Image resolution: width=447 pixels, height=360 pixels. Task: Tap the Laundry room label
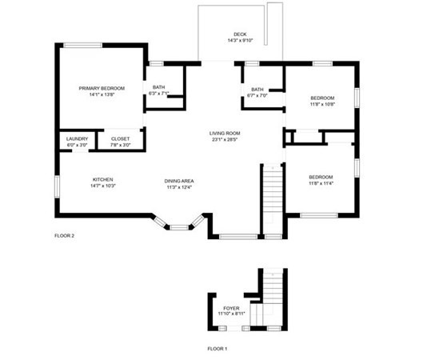point(77,138)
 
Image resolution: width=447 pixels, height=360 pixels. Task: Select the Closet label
point(120,138)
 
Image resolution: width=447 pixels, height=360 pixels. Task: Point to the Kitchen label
point(102,179)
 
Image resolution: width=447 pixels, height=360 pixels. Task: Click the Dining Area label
point(180,181)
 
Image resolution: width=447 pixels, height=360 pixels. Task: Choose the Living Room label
point(225,133)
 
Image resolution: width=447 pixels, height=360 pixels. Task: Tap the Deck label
point(240,34)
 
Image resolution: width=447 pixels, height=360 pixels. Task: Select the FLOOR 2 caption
point(64,236)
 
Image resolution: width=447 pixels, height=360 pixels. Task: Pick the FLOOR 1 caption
point(218,349)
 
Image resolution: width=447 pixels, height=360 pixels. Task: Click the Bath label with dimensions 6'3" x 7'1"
point(159,87)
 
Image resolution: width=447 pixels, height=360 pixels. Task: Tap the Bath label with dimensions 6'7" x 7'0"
point(257,90)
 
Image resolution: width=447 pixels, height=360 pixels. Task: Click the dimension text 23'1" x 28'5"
point(225,140)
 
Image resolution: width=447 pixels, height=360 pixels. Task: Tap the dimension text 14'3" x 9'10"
point(240,41)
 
